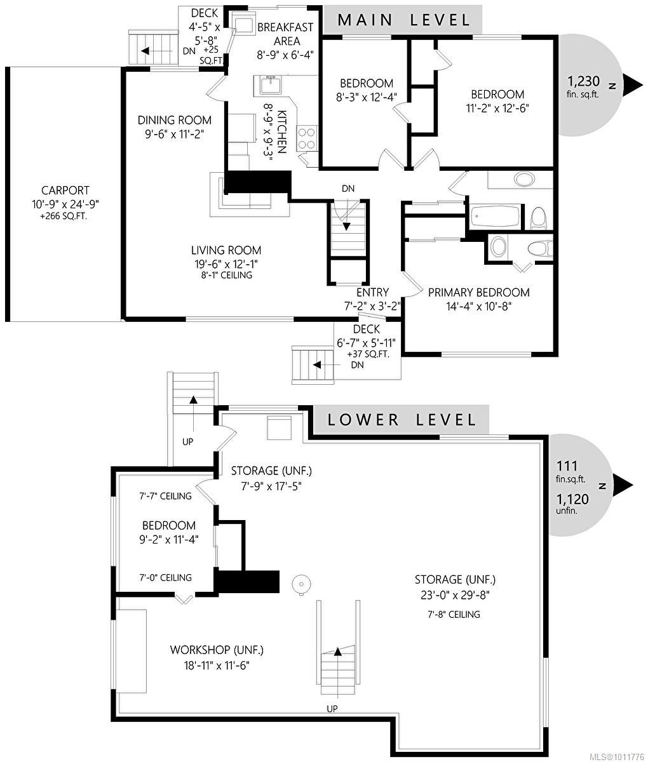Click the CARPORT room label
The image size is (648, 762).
[x=65, y=190]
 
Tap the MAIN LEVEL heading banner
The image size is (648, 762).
[x=403, y=20]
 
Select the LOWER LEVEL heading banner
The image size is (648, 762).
[x=401, y=420]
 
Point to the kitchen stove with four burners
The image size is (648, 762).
[x=307, y=137]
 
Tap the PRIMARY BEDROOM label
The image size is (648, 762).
[x=478, y=293]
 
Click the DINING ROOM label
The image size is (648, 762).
[x=175, y=120]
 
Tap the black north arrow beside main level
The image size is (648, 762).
[x=633, y=84]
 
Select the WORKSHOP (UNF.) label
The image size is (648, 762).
[x=216, y=650]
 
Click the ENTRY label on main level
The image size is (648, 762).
[x=372, y=292]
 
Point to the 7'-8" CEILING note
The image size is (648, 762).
[x=454, y=614]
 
